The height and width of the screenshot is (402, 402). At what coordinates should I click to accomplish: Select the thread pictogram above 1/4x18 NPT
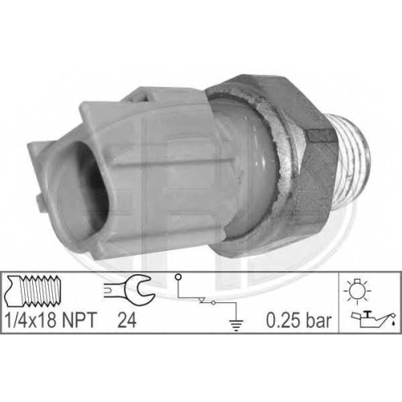coord(34,292)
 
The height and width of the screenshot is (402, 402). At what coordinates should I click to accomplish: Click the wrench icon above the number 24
coord(129,289)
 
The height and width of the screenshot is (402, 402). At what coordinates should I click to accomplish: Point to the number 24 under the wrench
coord(127,320)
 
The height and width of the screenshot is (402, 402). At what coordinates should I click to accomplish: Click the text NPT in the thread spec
coord(79,320)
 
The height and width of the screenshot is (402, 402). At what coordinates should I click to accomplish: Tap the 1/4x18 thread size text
coord(31,320)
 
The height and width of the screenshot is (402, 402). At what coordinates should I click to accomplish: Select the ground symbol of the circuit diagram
coord(236,326)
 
